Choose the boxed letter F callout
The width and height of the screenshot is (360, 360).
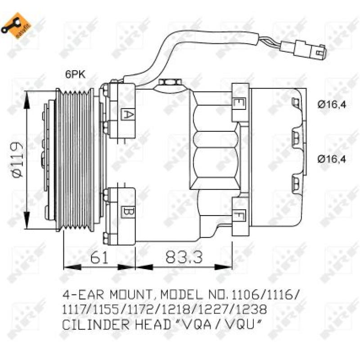(x=238, y=217)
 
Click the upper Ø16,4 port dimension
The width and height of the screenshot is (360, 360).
(x=332, y=105)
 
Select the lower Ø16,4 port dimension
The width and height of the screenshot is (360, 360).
(x=332, y=158)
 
